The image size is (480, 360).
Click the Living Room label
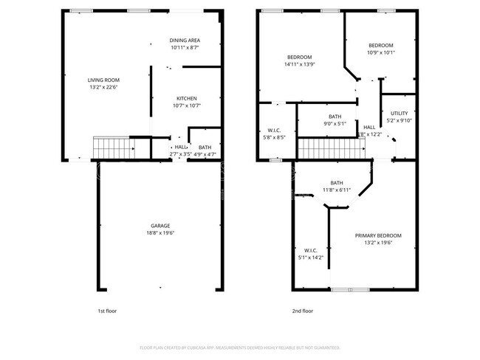103,80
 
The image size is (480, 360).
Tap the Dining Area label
185,40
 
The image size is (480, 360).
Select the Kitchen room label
186,99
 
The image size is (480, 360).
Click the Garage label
160,226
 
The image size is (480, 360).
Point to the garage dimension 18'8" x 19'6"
160,233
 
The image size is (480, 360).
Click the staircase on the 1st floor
113,148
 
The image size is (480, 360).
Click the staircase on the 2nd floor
332,150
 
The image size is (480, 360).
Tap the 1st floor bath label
205,148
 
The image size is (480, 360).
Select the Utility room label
399,114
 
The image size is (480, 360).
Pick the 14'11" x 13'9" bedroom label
299,58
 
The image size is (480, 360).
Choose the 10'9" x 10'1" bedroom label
381,45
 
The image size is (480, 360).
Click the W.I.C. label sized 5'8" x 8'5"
273,131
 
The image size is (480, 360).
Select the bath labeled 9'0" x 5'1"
335,117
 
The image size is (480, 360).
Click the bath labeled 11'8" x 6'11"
337,183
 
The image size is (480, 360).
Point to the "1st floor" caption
107,311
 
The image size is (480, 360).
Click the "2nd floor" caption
303,311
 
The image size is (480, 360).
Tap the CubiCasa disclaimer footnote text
240,347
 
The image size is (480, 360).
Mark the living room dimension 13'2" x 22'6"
103,87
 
